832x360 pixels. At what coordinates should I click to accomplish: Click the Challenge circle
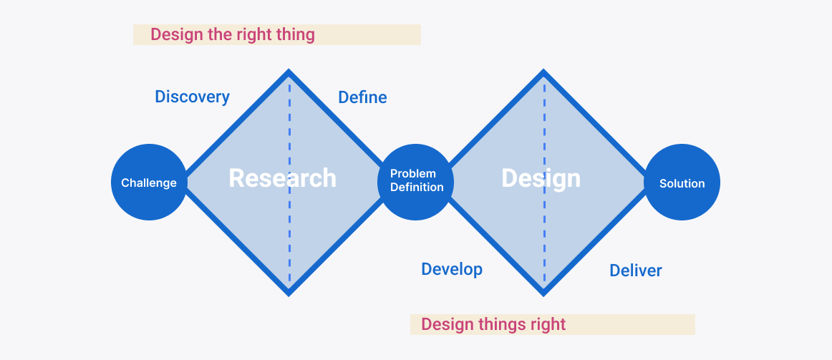[x=149, y=183]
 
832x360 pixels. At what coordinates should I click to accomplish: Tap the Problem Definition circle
[x=415, y=183]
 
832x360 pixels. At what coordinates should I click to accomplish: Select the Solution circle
[x=682, y=183]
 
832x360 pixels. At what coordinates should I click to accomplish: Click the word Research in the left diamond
[x=282, y=178]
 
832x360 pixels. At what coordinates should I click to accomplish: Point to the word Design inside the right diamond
[x=541, y=179]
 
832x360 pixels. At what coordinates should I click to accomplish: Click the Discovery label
[x=192, y=97]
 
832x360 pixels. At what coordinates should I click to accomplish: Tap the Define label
[x=362, y=97]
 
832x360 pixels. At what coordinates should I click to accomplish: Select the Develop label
[x=452, y=269]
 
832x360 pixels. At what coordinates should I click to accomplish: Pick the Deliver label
[x=636, y=271]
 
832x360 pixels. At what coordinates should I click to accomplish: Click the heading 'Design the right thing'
[x=233, y=35]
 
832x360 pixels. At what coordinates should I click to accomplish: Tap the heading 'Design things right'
[x=493, y=324]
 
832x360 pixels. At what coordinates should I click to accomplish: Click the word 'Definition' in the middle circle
[x=417, y=188]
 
